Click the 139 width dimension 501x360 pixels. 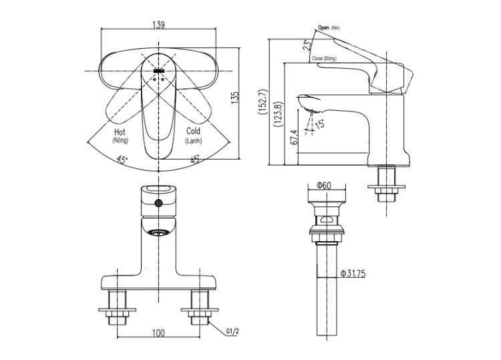158,25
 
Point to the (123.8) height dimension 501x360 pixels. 278,114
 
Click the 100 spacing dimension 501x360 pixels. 158,332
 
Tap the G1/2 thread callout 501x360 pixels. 232,330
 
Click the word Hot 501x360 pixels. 120,132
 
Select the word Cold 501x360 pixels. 193,132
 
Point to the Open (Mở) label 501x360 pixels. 330,27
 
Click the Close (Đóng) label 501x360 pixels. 326,59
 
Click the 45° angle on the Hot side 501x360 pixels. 122,160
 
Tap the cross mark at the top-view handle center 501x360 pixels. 159,70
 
